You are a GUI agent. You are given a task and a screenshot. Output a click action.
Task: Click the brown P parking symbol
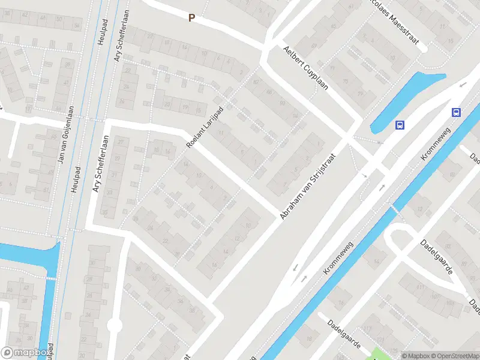(x=192, y=18)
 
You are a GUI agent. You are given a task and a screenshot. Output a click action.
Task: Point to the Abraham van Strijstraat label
(x=307, y=185)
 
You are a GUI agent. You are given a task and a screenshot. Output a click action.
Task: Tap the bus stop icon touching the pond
(x=400, y=125)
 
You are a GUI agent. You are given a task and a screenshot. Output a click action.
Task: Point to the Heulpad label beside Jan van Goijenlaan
(x=76, y=179)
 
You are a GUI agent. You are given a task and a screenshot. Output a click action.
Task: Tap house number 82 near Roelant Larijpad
(x=256, y=82)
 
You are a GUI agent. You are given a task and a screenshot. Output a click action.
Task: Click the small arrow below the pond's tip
(x=379, y=143)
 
